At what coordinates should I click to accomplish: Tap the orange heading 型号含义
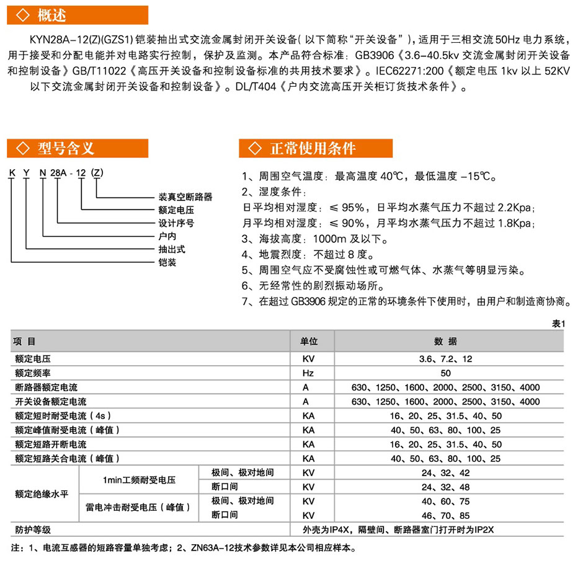point(65,149)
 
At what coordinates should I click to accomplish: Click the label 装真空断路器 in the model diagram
point(185,197)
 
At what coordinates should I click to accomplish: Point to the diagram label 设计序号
point(176,224)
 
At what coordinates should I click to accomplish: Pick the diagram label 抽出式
point(172,250)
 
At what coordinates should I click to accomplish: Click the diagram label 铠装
point(167,263)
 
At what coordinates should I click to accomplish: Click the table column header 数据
point(445,342)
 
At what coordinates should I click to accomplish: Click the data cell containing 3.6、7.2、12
point(445,358)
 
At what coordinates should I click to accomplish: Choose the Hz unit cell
point(308,373)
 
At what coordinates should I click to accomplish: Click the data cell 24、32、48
point(445,487)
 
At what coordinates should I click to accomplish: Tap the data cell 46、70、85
point(445,515)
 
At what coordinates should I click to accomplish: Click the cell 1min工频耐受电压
point(140,480)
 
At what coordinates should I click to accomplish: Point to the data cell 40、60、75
point(445,501)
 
